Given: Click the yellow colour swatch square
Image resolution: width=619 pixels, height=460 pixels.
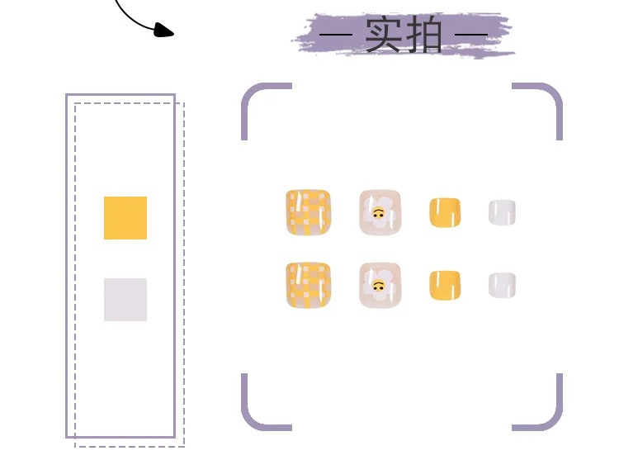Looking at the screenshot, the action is (x=125, y=218).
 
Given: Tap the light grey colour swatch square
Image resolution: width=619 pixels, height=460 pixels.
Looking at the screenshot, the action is (x=125, y=300).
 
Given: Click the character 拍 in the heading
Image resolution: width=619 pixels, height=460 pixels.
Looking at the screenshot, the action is (x=424, y=35).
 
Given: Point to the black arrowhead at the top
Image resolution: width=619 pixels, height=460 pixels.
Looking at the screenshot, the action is (x=164, y=31).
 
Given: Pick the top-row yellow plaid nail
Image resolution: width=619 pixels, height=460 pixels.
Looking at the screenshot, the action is (x=308, y=213).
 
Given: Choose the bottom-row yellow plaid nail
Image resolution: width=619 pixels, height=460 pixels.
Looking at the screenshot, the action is (x=308, y=286).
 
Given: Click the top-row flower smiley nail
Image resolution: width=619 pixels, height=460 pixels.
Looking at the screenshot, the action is (x=380, y=212).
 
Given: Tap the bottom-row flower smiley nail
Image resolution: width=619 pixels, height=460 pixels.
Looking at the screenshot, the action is (x=380, y=285).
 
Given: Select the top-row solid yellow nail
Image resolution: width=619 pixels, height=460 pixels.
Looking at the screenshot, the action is (x=445, y=212).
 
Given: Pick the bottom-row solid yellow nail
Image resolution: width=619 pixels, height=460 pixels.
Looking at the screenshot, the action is (x=445, y=285).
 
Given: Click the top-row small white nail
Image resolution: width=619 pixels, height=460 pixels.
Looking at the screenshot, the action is (x=502, y=212).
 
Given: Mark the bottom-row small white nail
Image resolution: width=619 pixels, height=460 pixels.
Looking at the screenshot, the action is (x=502, y=285).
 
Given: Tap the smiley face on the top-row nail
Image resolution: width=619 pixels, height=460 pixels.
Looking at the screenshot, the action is (x=378, y=214).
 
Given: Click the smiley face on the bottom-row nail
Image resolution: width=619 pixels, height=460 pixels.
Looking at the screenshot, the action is (x=378, y=287).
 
